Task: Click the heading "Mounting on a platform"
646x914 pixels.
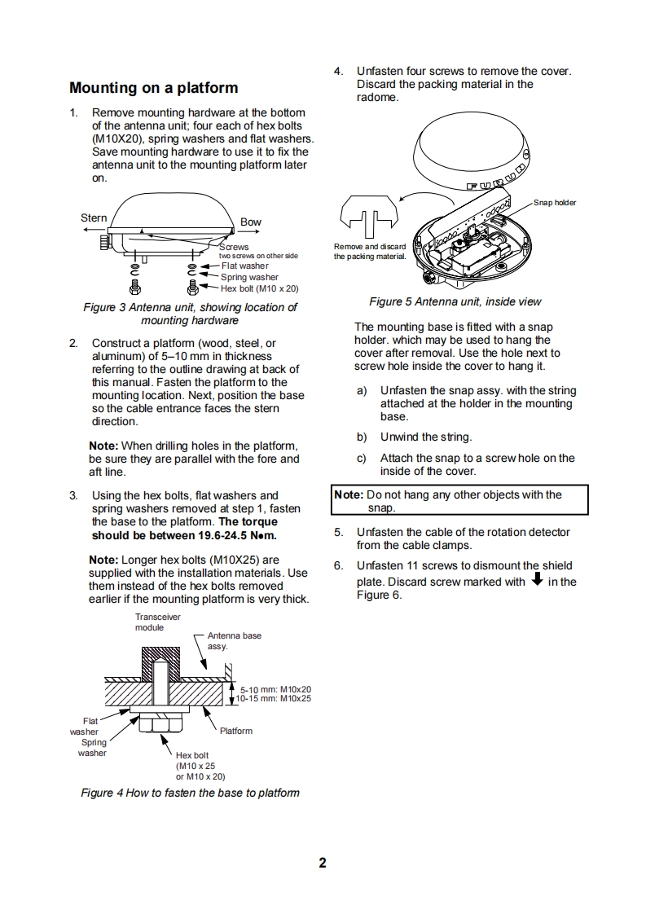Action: pyautogui.click(x=153, y=88)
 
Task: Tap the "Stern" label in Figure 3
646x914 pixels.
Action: pyautogui.click(x=94, y=218)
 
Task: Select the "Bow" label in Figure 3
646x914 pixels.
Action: pyautogui.click(x=251, y=222)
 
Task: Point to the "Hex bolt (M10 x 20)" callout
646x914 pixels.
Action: pyautogui.click(x=260, y=288)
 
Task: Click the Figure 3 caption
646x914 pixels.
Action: pyautogui.click(x=190, y=314)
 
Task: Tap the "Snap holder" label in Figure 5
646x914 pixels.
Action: pyautogui.click(x=555, y=202)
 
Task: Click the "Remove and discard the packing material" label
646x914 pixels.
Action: pyautogui.click(x=370, y=252)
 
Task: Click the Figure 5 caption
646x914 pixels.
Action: pyautogui.click(x=455, y=301)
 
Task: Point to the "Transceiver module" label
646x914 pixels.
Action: pyautogui.click(x=157, y=622)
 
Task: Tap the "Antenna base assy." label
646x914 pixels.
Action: pyautogui.click(x=235, y=640)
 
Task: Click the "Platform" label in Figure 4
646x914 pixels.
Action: pyautogui.click(x=236, y=731)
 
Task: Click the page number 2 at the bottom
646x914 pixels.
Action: pyautogui.click(x=323, y=863)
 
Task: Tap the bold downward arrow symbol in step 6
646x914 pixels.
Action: pyautogui.click(x=537, y=580)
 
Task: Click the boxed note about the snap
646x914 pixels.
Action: pyautogui.click(x=459, y=501)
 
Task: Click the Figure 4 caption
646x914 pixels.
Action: pyautogui.click(x=190, y=793)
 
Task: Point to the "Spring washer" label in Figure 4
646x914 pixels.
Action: pyautogui.click(x=92, y=748)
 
